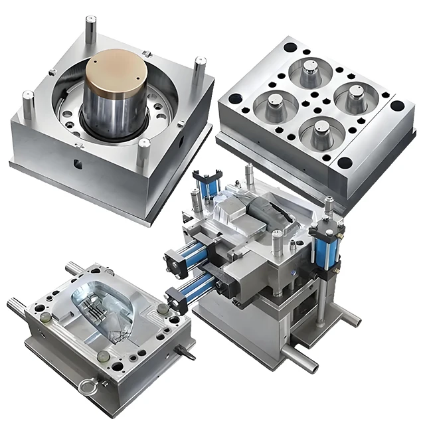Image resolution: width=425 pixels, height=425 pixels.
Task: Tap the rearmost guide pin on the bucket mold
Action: [x=90, y=29]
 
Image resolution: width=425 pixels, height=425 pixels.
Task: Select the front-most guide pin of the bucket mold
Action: [x=144, y=154]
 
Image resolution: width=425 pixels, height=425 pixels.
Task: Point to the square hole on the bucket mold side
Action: [x=78, y=161]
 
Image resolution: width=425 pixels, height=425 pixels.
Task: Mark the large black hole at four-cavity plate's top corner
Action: [x=290, y=48]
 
